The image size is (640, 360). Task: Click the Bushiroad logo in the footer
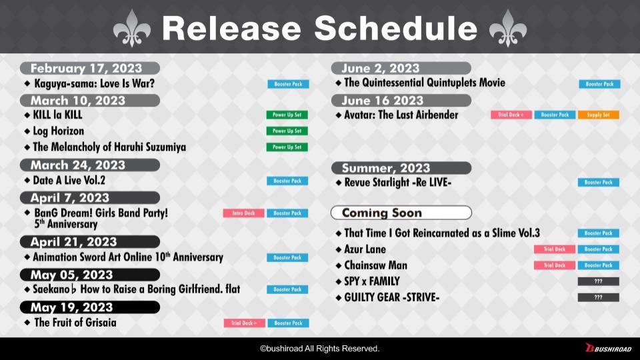[x=608, y=348]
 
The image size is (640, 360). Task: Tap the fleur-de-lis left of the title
[x=132, y=28]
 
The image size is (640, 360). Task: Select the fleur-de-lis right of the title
[x=508, y=28]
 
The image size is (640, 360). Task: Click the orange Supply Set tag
[x=599, y=115]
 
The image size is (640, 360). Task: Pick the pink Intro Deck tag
[x=243, y=213]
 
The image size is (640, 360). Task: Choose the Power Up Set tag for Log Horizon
[x=287, y=131]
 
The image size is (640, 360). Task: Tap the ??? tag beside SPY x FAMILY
[x=599, y=281]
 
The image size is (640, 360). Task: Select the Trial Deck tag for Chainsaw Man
[x=554, y=265]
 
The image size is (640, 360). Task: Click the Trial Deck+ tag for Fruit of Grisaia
[x=244, y=323]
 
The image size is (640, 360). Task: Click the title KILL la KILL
[x=57, y=115]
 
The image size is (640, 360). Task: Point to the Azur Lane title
[x=365, y=249]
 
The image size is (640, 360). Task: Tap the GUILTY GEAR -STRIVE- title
[x=392, y=297]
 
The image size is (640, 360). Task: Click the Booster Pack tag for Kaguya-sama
[x=288, y=84]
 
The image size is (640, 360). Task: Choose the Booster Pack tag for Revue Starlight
[x=599, y=183]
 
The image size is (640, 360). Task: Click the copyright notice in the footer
[x=319, y=349]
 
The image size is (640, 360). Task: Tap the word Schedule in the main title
[x=395, y=28]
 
